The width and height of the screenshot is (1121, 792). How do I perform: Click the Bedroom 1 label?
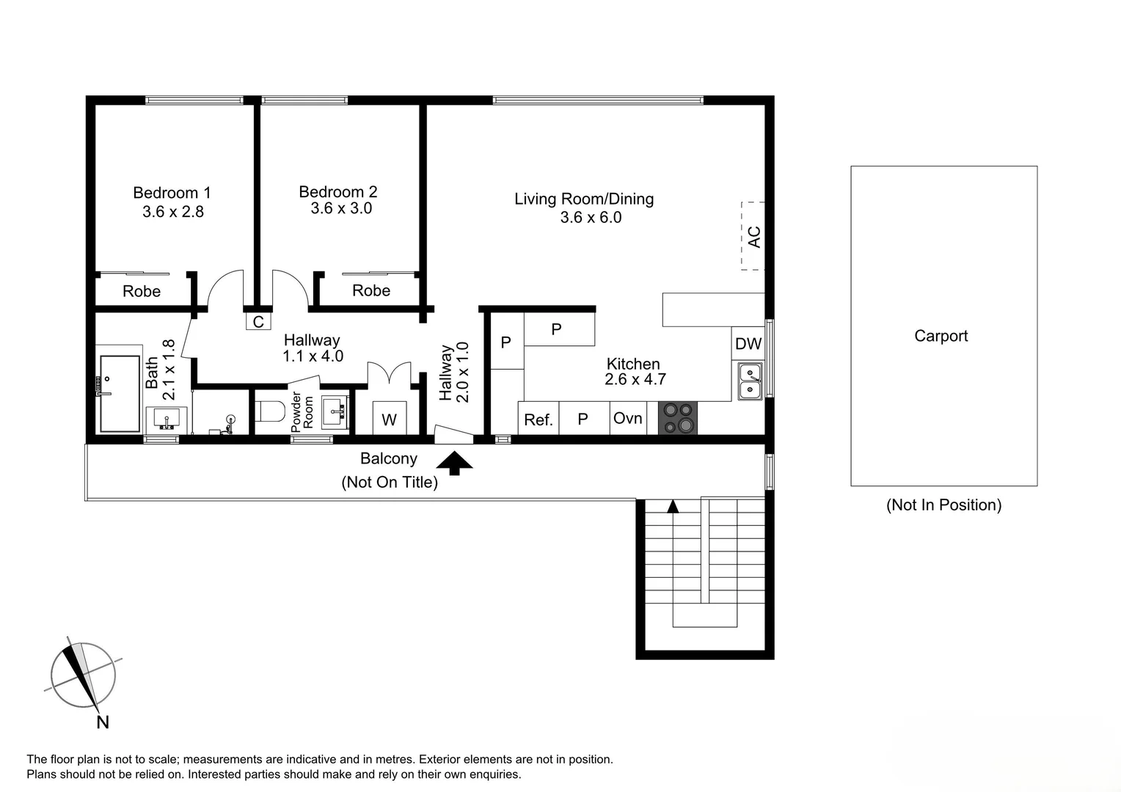(172, 193)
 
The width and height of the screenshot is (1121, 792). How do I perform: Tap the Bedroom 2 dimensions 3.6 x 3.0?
(341, 208)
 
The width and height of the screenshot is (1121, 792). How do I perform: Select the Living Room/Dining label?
(583, 199)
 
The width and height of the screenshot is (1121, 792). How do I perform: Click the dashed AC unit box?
(753, 236)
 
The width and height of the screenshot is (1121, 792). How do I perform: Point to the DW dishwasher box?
(748, 343)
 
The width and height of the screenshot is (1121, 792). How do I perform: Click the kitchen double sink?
(750, 381)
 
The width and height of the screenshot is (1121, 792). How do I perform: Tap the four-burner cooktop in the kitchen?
(678, 418)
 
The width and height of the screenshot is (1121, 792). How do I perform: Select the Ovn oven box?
(628, 418)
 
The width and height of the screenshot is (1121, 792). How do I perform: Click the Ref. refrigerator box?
(538, 419)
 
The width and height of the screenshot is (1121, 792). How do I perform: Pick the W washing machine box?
(389, 419)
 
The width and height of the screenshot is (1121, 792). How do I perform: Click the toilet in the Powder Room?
(270, 411)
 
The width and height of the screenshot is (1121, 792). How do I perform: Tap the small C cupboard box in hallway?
(258, 321)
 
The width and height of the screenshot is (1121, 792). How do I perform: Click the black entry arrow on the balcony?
(455, 463)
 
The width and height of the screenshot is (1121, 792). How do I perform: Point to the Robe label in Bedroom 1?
(142, 291)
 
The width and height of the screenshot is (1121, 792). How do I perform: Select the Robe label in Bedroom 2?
(371, 290)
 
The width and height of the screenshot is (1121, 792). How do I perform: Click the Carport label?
(941, 336)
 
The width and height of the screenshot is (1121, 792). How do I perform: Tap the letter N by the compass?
(103, 722)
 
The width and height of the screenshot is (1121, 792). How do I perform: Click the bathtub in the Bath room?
(120, 394)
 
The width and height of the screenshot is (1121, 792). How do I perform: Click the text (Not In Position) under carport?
(943, 505)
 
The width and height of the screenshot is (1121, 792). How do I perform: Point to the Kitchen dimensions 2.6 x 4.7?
(635, 379)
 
